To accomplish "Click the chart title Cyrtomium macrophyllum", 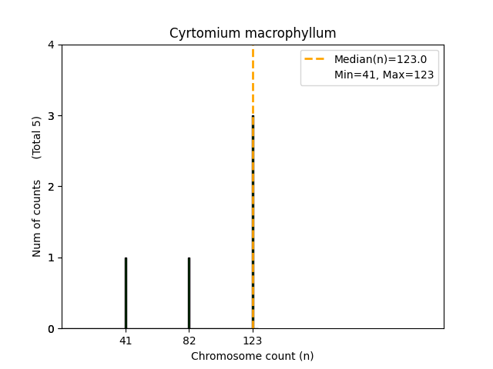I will tap(253, 34).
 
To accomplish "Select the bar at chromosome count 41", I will tap(126, 293).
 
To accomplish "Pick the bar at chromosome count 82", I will tap(189, 293).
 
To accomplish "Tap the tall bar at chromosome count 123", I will tap(253, 223).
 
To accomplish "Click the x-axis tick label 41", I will tap(126, 341).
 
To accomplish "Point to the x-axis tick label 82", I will tap(189, 341).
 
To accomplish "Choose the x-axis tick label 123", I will tap(253, 341).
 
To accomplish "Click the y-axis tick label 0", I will tap(51, 329).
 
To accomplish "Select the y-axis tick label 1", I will tap(51, 258).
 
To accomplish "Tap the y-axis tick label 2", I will tap(51, 187).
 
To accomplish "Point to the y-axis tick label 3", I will tap(51, 116).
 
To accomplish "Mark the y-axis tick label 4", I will tap(51, 45).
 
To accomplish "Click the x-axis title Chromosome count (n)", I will tap(253, 356).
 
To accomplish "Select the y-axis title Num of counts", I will tap(37, 218).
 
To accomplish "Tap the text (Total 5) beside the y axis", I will tap(37, 138).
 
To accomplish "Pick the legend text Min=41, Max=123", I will tap(384, 75).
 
